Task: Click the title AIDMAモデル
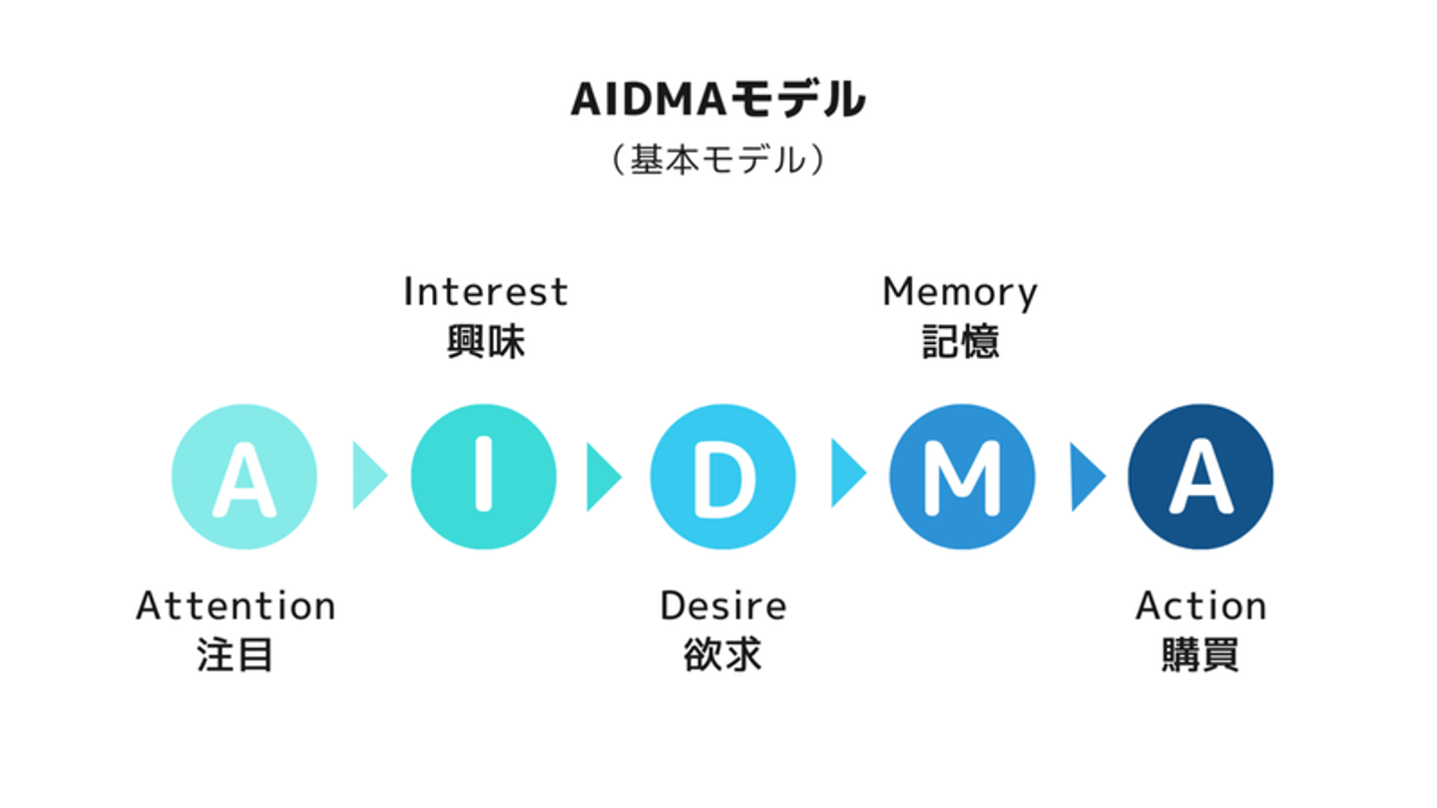pyautogui.click(x=718, y=100)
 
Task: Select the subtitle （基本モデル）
pyautogui.click(x=718, y=160)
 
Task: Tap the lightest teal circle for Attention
pyautogui.click(x=244, y=477)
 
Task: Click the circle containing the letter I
pyautogui.click(x=484, y=477)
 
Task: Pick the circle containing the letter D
pyautogui.click(x=722, y=477)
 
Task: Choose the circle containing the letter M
pyautogui.click(x=962, y=477)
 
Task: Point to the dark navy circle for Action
pyautogui.click(x=1200, y=477)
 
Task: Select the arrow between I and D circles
pyautogui.click(x=605, y=476)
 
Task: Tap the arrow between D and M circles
pyautogui.click(x=849, y=473)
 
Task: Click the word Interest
pyautogui.click(x=486, y=291)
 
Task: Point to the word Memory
pyautogui.click(x=960, y=293)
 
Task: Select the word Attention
pyautogui.click(x=236, y=606)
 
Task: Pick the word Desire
pyautogui.click(x=722, y=606)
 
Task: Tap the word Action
pyautogui.click(x=1200, y=606)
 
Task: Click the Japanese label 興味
pyautogui.click(x=486, y=341)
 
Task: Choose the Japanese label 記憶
pyautogui.click(x=960, y=341)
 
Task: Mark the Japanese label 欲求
pyautogui.click(x=722, y=654)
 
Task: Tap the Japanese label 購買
pyautogui.click(x=1200, y=654)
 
